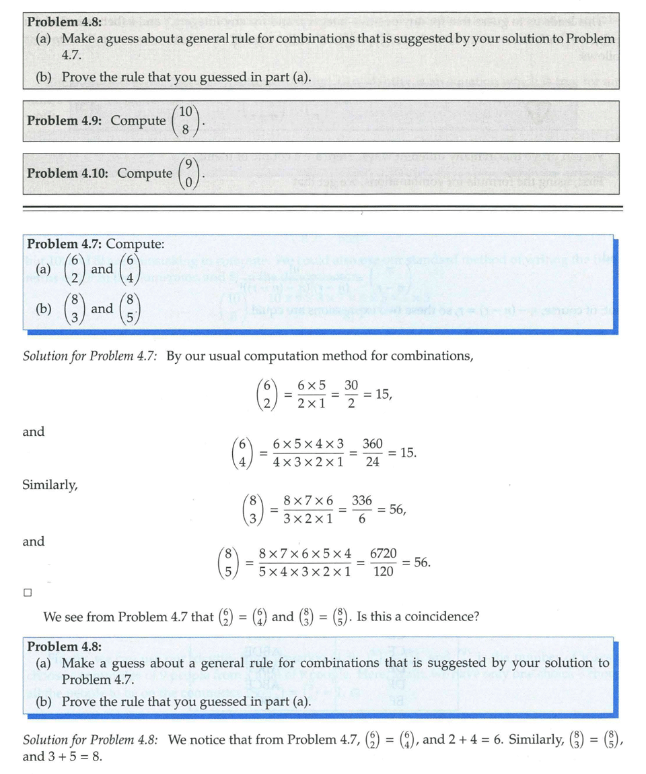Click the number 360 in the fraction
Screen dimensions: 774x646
click(372, 444)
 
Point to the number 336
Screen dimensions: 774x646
click(362, 501)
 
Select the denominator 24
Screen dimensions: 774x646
click(372, 462)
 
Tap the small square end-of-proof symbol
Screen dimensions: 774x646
click(28, 593)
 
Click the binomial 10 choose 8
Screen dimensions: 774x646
click(185, 121)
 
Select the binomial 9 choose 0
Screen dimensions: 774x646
click(189, 173)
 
